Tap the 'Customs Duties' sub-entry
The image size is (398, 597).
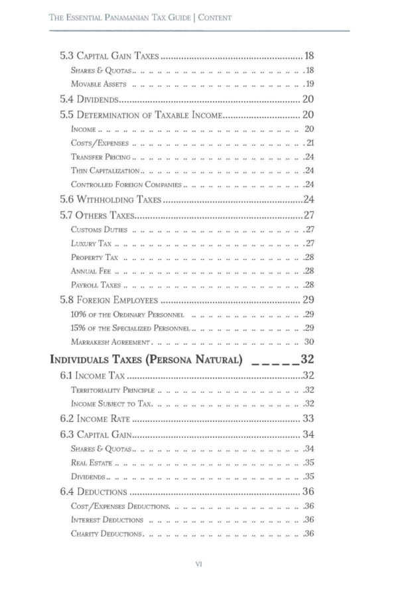tap(98, 230)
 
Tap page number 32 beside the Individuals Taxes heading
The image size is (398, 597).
tap(306, 360)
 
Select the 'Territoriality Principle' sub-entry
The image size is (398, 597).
tap(112, 390)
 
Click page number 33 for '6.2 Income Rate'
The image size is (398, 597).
tap(308, 419)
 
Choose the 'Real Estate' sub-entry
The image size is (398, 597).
tap(92, 463)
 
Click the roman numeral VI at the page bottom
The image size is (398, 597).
tap(198, 564)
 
